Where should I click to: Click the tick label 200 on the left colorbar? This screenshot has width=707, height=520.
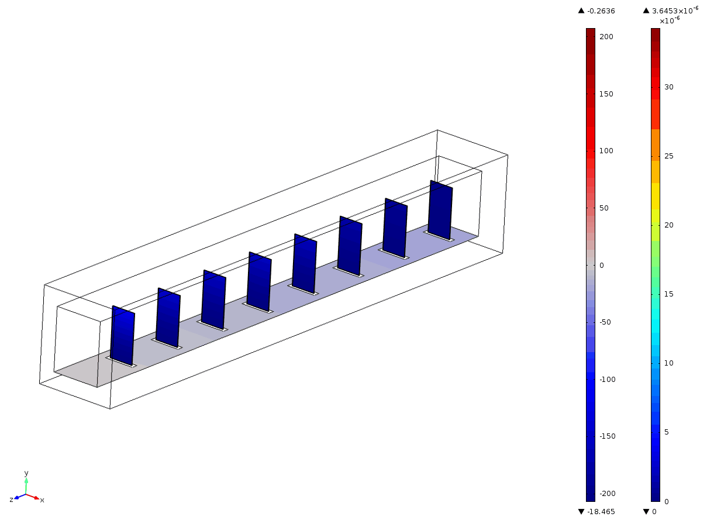(x=606, y=37)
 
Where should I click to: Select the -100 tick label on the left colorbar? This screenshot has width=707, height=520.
(x=607, y=379)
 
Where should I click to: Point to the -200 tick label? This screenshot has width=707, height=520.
(x=607, y=493)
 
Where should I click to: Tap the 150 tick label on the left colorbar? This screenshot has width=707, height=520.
(x=606, y=94)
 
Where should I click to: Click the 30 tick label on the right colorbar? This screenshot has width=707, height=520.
(x=669, y=87)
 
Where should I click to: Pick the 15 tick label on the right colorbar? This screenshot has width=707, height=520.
(x=669, y=294)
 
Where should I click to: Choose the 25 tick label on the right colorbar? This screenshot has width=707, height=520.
(x=669, y=156)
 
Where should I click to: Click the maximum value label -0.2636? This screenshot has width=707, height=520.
(x=601, y=11)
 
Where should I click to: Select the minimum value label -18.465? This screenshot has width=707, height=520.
(x=601, y=511)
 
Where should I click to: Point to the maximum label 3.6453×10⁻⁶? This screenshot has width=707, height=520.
(x=675, y=11)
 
